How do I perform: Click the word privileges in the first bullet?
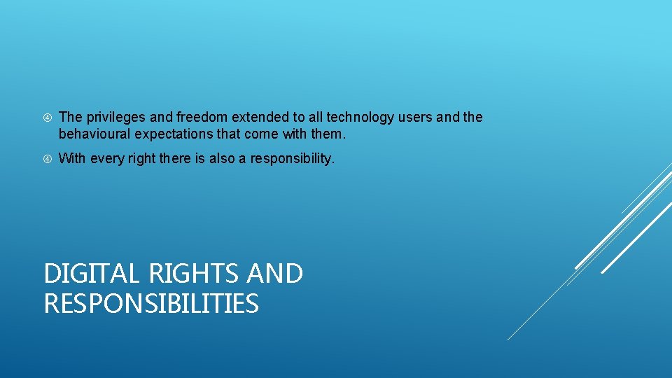pyautogui.click(x=110, y=118)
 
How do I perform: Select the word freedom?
pyautogui.click(x=197, y=118)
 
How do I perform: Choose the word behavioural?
pyautogui.click(x=92, y=133)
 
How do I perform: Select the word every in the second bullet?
pyautogui.click(x=103, y=159)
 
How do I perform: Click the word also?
pyautogui.click(x=221, y=159)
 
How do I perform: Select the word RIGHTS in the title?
pyautogui.click(x=182, y=273)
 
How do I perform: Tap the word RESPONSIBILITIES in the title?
pyautogui.click(x=151, y=304)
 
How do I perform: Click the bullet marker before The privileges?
pyautogui.click(x=47, y=118)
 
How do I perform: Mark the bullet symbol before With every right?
pyautogui.click(x=47, y=159)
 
